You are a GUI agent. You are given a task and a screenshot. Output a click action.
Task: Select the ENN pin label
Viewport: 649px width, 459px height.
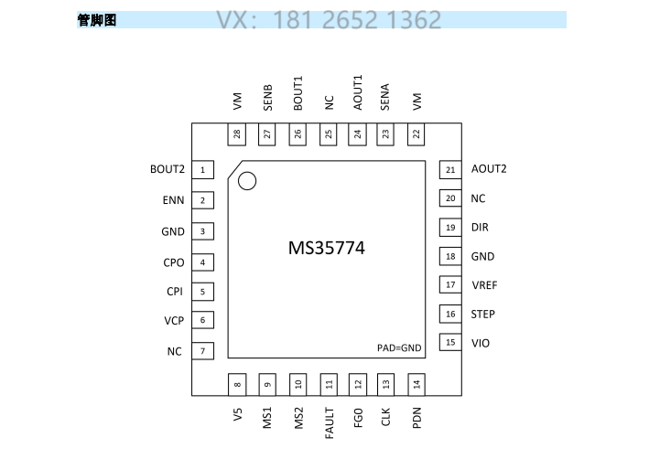174,200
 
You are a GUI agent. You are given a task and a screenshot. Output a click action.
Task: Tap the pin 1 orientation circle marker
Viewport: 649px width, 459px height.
246,181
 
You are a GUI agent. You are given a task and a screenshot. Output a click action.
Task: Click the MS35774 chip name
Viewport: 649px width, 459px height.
327,248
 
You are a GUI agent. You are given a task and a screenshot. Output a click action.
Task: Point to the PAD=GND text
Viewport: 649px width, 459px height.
399,347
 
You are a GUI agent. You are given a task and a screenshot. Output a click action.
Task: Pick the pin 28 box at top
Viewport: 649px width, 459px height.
238,134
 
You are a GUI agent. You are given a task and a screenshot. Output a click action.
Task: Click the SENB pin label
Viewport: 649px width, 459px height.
267,98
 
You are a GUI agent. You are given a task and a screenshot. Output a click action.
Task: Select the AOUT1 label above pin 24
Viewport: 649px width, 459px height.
357,93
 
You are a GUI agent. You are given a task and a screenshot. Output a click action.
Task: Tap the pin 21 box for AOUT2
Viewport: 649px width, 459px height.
449,169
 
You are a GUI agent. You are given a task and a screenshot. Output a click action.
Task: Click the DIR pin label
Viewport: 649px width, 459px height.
480,228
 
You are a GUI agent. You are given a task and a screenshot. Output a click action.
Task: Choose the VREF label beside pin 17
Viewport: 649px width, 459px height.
484,285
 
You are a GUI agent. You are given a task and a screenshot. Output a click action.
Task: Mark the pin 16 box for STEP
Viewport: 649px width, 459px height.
449,315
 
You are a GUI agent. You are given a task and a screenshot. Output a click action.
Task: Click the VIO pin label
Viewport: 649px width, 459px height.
481,343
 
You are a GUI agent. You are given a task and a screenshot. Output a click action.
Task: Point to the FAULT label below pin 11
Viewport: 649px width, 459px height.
329,422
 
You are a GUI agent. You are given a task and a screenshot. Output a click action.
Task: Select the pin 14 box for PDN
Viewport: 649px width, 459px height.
416,384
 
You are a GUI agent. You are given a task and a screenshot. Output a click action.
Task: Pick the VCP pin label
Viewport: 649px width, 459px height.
174,321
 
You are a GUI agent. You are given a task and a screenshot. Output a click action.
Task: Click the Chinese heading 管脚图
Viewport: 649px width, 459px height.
97,20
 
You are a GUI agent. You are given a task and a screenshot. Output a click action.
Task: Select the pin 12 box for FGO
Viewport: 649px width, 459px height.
358,384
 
